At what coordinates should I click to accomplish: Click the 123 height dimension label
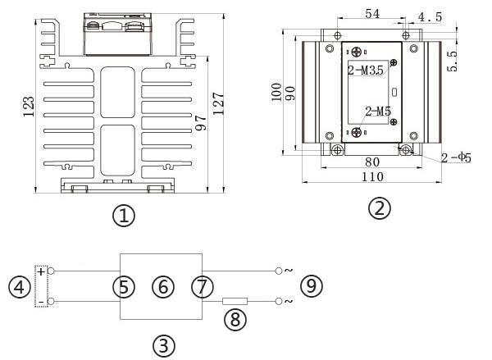point(29,107)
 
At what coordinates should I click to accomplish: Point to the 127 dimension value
point(219,103)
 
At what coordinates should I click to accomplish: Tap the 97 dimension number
point(201,123)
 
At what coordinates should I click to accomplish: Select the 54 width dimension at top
point(372,14)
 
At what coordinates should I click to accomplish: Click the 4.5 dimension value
point(430,17)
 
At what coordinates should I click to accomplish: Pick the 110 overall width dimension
point(372,177)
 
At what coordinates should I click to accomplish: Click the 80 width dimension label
point(372,162)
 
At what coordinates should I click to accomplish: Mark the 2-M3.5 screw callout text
point(366,71)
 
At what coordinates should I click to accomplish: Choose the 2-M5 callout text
point(378,112)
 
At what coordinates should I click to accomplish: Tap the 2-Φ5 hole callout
point(456,157)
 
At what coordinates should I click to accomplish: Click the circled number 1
point(124,216)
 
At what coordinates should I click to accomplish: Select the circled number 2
point(380,208)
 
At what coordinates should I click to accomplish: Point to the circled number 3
point(164,346)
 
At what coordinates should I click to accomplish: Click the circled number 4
point(20,287)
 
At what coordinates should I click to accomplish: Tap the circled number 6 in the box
point(163,287)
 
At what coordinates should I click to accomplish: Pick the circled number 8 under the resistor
point(235,320)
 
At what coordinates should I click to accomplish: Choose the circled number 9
point(311,286)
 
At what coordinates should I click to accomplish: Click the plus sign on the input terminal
point(41,271)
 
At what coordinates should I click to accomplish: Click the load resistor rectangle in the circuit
point(235,301)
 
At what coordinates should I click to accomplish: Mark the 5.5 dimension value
point(452,61)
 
